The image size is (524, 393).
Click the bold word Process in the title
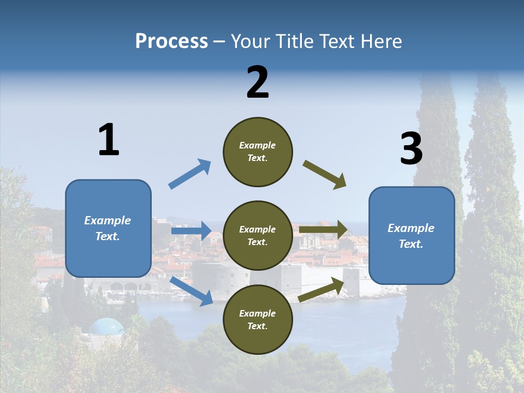point(171,41)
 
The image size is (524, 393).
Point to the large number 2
point(258,82)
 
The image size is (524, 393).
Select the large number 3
point(411,149)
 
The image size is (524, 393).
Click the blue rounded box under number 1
point(108,228)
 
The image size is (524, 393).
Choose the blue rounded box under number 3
point(412,235)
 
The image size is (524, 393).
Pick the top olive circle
point(258,152)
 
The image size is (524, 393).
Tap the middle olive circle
point(258,235)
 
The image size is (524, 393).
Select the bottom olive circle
point(258,319)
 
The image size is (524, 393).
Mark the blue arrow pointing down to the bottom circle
point(192,291)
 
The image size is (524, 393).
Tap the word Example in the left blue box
point(108,221)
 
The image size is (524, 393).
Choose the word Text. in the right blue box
point(411,244)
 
